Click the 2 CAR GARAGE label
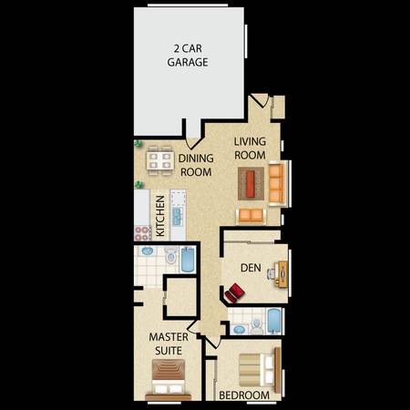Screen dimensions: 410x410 pyautogui.click(x=188, y=56)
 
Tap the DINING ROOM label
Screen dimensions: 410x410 pyautogui.click(x=196, y=165)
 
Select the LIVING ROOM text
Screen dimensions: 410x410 pyautogui.click(x=250, y=149)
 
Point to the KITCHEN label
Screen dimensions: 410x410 pyautogui.click(x=160, y=216)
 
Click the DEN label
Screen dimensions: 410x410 pyautogui.click(x=251, y=268)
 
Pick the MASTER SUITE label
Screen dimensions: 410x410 pyautogui.click(x=169, y=343)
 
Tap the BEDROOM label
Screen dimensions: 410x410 pyautogui.click(x=244, y=395)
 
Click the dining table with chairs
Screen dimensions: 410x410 pyautogui.click(x=160, y=160)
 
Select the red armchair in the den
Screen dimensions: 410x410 pyautogui.click(x=234, y=292)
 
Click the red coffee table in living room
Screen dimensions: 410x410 pyautogui.click(x=251, y=184)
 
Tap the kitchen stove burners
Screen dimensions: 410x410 pyautogui.click(x=142, y=233)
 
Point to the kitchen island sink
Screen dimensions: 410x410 pyautogui.click(x=178, y=216)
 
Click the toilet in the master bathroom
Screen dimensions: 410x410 pyautogui.click(x=171, y=255)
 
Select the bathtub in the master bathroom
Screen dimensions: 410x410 pyautogui.click(x=188, y=260)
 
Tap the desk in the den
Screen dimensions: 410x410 pyautogui.click(x=282, y=274)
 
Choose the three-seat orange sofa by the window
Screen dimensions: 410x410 pyautogui.click(x=277, y=183)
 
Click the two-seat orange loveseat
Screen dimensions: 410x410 pyautogui.click(x=251, y=216)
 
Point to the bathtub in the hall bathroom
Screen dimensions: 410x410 pyautogui.click(x=274, y=322)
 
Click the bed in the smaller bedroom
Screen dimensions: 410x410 pyautogui.click(x=260, y=370)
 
